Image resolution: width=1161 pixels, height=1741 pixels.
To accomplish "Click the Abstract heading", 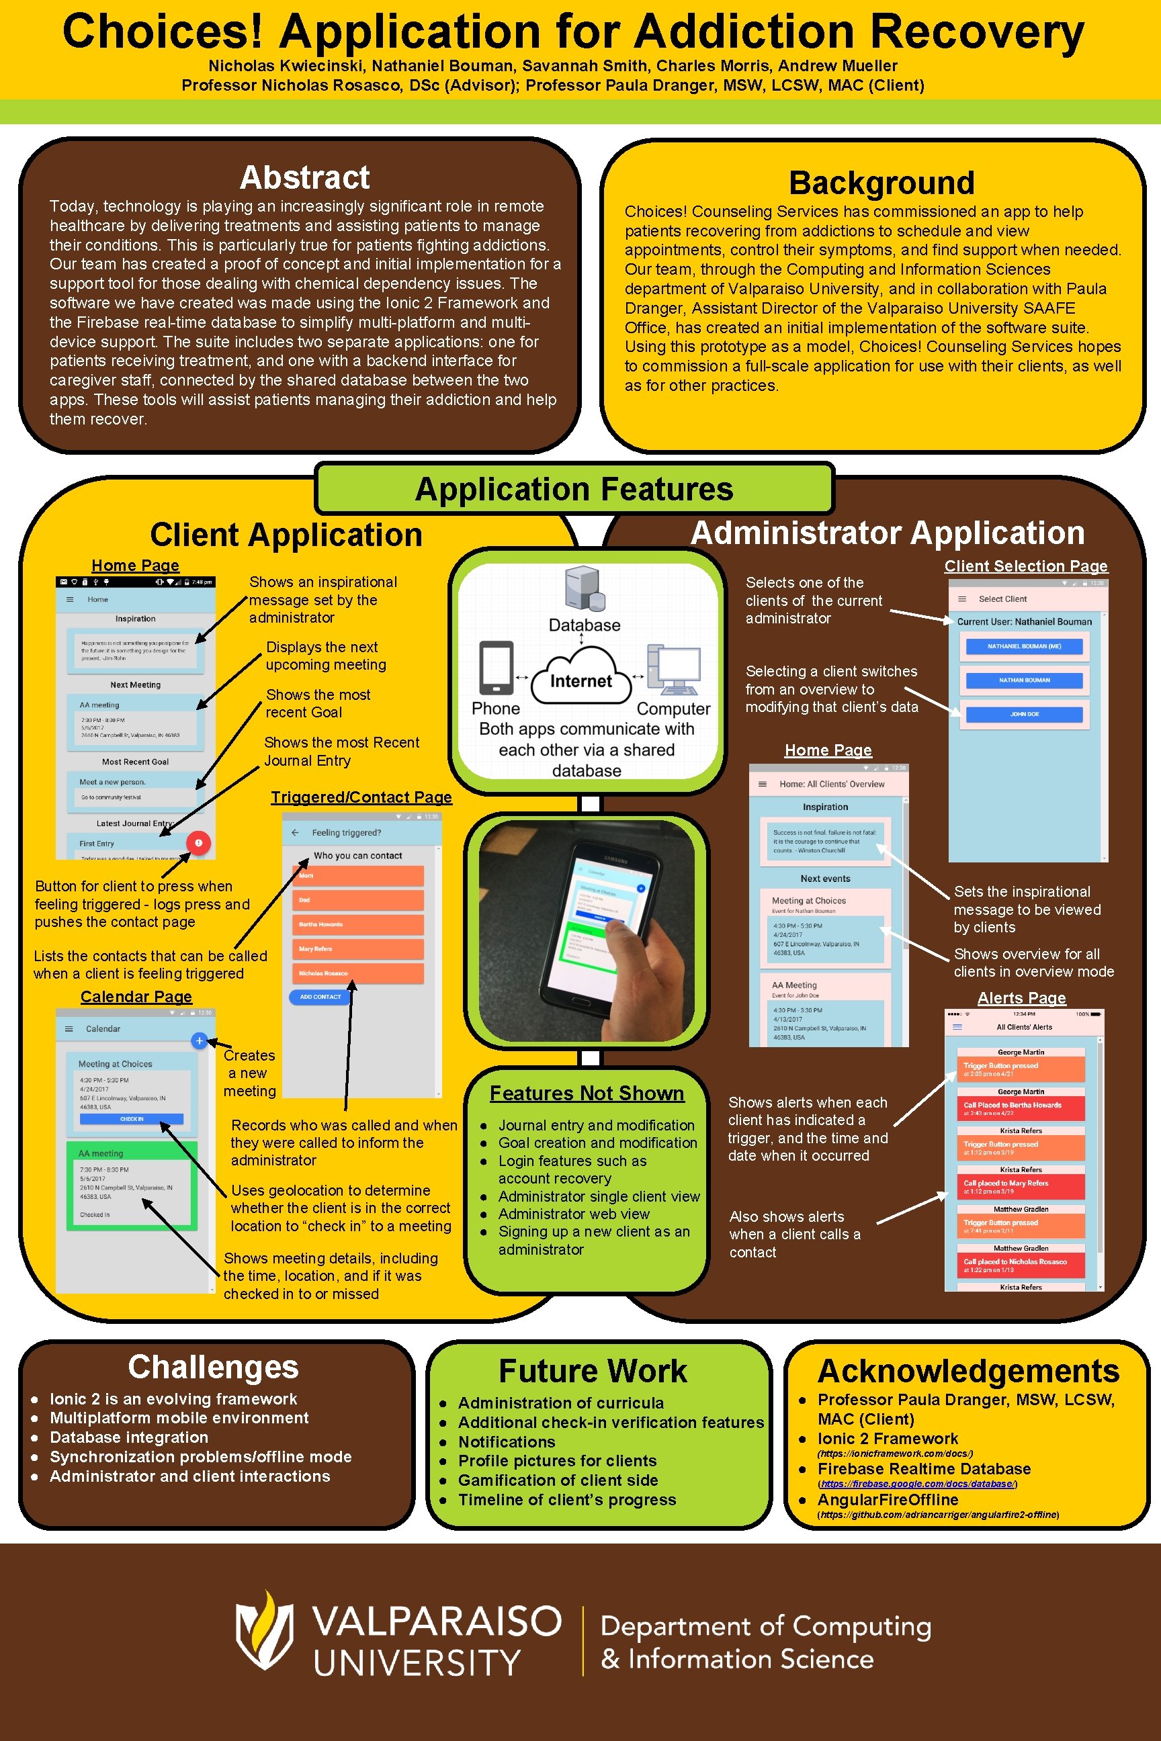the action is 304,177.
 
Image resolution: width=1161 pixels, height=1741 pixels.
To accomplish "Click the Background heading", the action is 881,183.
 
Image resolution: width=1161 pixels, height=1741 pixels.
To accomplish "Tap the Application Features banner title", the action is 574,489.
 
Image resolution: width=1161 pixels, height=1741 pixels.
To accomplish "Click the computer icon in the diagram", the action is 674,670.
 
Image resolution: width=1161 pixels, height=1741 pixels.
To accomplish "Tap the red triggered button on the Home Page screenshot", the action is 198,842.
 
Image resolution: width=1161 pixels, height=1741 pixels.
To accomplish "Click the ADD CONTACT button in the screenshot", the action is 320,996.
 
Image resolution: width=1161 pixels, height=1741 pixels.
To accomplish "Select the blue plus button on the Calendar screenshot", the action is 199,1040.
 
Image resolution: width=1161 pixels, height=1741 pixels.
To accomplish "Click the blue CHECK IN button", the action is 132,1118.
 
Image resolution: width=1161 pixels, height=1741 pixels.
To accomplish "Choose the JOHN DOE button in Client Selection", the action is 1024,714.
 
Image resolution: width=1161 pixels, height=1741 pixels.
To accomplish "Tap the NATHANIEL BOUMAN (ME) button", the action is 1024,646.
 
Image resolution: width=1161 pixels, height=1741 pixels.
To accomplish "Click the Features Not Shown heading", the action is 587,1093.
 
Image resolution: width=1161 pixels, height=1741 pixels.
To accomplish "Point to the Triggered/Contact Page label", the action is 361,797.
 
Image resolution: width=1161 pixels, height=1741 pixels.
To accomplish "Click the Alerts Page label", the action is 1021,998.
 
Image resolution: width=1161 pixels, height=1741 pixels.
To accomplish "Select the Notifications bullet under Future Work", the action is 507,1442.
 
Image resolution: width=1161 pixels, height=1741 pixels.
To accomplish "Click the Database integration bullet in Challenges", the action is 129,1437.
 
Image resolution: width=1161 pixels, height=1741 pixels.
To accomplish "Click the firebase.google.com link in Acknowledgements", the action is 916,1483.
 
